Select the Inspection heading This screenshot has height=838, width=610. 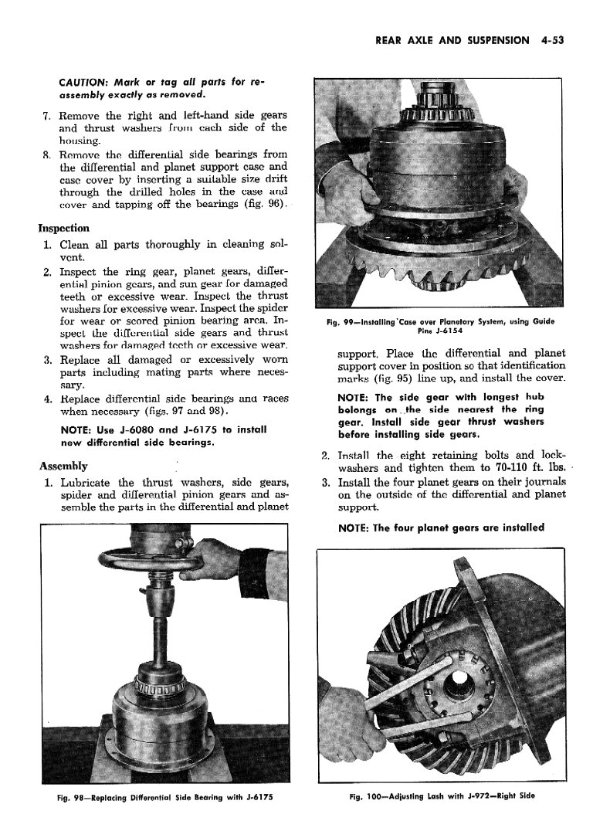[63, 229]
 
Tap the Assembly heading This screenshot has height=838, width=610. [63, 466]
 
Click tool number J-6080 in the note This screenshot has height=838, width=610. [151, 429]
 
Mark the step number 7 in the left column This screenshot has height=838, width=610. [46, 115]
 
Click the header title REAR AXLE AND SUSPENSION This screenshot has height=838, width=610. [452, 41]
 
